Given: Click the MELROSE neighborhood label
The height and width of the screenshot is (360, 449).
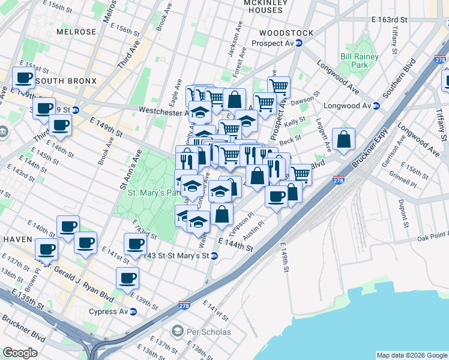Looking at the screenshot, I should [76, 31].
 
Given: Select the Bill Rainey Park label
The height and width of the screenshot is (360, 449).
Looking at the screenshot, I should [355, 60].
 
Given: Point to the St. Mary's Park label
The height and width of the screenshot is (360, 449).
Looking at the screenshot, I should [154, 193].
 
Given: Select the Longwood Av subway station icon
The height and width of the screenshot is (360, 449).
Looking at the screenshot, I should [376, 106].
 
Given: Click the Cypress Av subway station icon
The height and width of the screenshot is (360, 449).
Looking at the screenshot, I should [133, 311].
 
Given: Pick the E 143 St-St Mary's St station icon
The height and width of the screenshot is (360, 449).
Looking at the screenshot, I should [214, 256].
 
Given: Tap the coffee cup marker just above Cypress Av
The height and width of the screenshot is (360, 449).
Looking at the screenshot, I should [127, 278].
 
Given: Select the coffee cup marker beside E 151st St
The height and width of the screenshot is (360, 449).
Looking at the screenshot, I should [24, 77].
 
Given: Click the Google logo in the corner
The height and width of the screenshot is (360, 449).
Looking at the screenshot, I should [20, 353].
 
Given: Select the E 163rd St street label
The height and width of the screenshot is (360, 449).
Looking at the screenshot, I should [389, 20].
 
